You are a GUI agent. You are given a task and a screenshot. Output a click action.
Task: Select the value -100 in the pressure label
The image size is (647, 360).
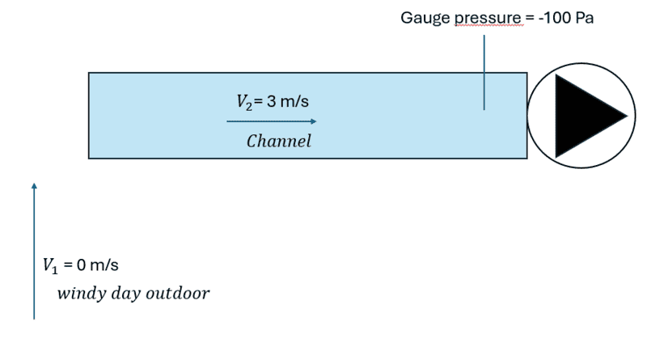pos(557,18)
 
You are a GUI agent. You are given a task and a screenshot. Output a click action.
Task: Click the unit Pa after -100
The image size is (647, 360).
pos(584,18)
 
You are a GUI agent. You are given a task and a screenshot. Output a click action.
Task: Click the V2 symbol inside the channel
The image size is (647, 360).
pos(244,102)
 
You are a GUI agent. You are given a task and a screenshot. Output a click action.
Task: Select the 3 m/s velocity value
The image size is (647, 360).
pos(284,101)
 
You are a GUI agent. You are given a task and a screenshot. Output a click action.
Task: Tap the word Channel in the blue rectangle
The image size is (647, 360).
pos(278,142)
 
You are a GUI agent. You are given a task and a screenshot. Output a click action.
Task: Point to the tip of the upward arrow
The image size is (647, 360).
pos(34,185)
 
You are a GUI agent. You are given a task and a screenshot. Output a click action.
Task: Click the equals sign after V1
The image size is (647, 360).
pos(69,265)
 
